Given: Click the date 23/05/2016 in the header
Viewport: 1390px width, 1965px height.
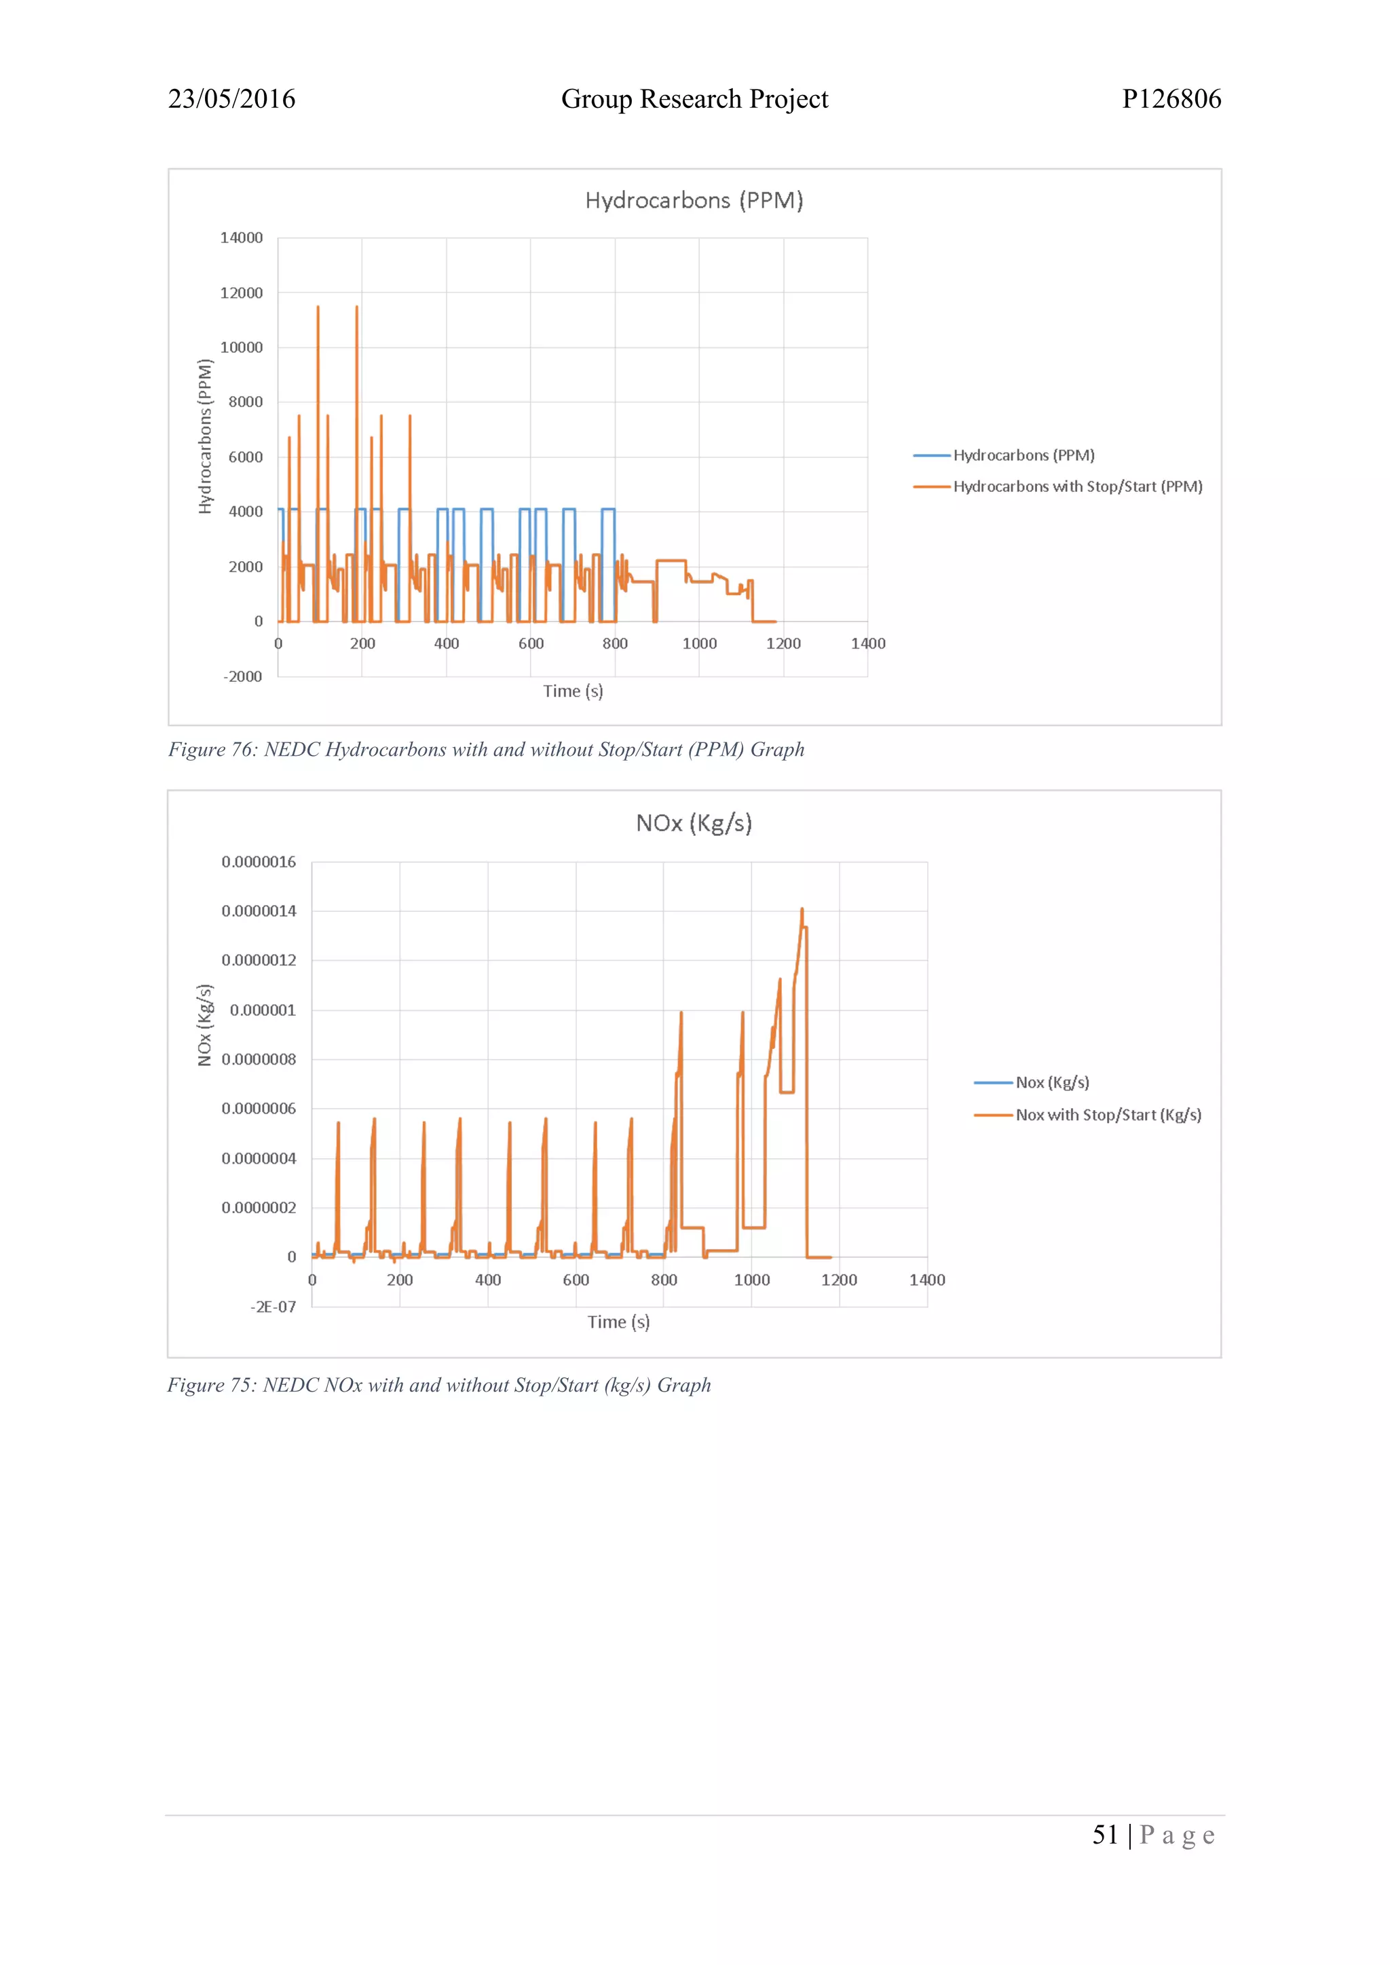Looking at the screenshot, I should click(231, 99).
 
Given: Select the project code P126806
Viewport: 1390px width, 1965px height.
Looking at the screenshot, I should click(1171, 99).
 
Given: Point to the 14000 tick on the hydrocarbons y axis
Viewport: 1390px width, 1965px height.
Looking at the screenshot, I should click(242, 238).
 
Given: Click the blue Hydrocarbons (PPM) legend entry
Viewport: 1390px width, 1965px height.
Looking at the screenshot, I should click(1023, 455).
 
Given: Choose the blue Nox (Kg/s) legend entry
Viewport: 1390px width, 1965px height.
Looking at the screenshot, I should click(1052, 1083).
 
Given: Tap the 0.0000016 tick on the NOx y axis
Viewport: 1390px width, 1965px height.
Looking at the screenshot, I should click(259, 862).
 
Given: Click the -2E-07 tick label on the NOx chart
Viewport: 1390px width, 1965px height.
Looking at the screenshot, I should click(273, 1307).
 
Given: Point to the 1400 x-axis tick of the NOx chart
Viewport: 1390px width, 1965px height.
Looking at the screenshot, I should click(927, 1280).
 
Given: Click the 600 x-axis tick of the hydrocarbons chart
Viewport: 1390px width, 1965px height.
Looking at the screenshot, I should click(531, 644).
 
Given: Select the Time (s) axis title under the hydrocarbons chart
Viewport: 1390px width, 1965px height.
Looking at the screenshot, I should click(573, 691).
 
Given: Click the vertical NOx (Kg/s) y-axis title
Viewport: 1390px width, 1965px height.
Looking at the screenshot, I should click(204, 1025).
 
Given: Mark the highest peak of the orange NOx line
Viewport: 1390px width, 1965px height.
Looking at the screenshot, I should click(802, 910).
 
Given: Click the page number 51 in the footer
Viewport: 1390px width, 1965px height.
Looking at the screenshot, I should click(1105, 1835).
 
